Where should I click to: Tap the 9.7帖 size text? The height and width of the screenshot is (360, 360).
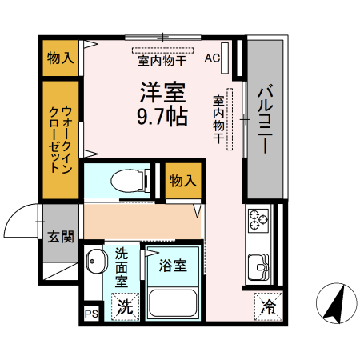point(162,118)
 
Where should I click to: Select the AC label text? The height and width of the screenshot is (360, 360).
point(212,58)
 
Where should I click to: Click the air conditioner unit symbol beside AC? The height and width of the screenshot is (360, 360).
point(226,58)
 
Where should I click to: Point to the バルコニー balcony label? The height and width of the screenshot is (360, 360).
point(265,120)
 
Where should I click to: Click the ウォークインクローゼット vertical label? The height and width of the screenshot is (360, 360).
point(61,141)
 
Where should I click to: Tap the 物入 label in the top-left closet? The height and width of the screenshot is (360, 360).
point(61,58)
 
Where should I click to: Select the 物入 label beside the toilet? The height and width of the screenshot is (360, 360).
point(182,181)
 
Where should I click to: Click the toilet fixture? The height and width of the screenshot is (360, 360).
point(127,180)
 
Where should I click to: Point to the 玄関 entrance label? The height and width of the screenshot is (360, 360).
point(60,237)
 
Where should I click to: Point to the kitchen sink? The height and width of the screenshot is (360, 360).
point(259,264)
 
